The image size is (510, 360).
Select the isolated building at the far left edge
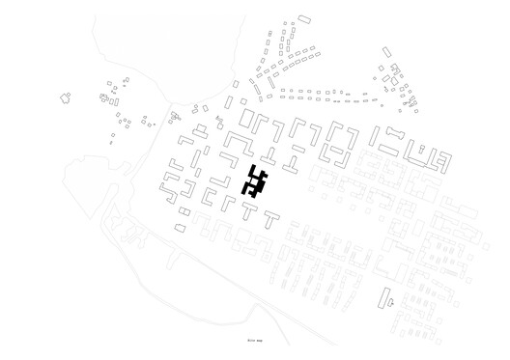67,97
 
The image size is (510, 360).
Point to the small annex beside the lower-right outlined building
392,301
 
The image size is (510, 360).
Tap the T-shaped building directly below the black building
249,211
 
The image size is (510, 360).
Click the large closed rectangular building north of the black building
248,120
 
